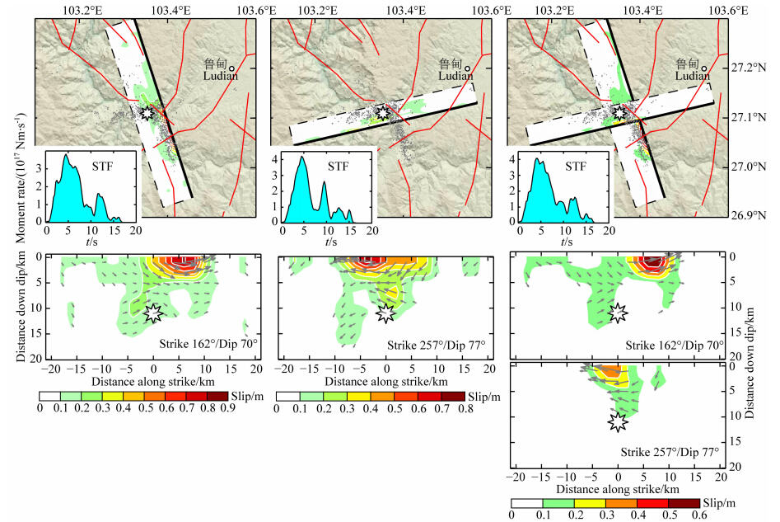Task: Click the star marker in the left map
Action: pyautogui.click(x=147, y=112)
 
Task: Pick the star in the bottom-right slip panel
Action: pyautogui.click(x=618, y=422)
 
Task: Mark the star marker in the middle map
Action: pyautogui.click(x=381, y=111)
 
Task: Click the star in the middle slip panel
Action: pyautogui.click(x=385, y=312)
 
